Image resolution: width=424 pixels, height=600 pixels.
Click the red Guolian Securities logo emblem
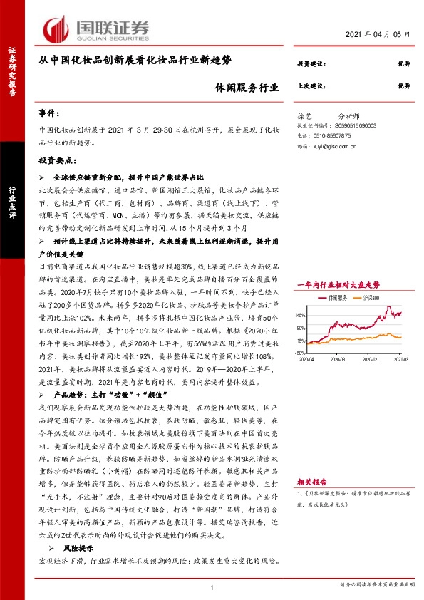point(56,28)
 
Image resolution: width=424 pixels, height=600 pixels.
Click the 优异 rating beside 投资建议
point(404,65)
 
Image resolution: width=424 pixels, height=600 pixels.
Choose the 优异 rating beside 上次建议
point(404,85)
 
